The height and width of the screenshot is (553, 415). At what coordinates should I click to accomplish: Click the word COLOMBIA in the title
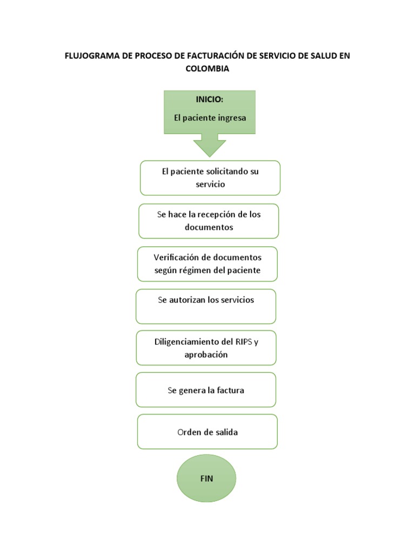(207, 69)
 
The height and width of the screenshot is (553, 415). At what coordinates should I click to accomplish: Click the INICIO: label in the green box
(209, 100)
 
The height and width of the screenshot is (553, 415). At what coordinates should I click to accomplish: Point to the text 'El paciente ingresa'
(210, 117)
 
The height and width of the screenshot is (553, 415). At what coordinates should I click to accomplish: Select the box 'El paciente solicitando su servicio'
(210, 178)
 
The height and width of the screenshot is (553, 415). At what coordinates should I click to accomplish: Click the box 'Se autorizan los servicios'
(206, 306)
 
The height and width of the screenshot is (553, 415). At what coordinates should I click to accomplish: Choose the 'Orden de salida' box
(207, 432)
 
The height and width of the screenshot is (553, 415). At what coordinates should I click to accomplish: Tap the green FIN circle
(206, 478)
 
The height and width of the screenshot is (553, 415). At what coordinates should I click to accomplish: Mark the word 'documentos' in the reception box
(209, 227)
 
